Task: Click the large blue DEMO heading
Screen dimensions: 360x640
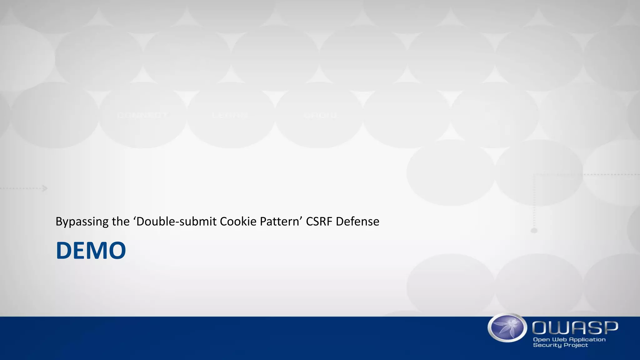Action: point(91,250)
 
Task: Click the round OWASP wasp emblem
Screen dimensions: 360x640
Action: point(507,328)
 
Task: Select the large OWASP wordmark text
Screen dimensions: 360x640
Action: point(575,327)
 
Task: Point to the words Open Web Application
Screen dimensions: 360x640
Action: point(569,339)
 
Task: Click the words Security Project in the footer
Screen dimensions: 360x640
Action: point(560,345)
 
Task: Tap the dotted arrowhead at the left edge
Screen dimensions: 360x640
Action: point(45,188)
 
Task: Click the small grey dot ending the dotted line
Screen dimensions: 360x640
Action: point(534,231)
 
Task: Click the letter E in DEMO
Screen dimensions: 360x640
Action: point(77,250)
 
